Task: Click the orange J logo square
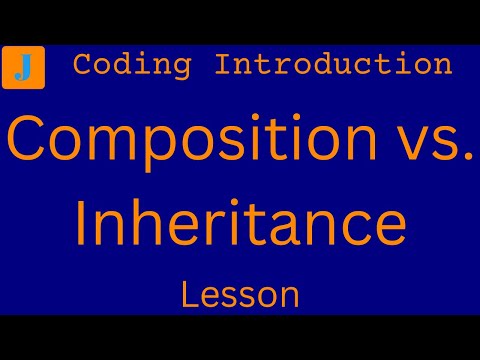[x=22, y=67]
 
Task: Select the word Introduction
[x=333, y=65]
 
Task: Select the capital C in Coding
[x=83, y=65]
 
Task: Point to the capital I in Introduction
[x=223, y=65]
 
